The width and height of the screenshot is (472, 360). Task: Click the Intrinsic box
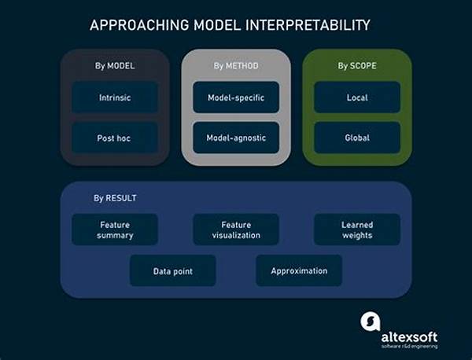[x=115, y=97]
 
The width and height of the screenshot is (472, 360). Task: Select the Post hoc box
[x=115, y=138]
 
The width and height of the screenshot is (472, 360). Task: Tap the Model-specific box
[x=236, y=97]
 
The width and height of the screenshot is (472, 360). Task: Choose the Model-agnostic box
[x=236, y=138]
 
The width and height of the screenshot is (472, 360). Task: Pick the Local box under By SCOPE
[x=357, y=97]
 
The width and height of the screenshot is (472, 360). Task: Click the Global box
[x=357, y=138]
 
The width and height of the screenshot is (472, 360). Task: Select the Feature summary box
[x=115, y=230]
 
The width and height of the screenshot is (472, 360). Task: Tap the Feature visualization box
[x=236, y=230]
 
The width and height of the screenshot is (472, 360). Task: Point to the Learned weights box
[x=357, y=230]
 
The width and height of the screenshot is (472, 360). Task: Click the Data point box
[x=173, y=270]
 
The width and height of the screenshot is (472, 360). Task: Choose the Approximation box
[x=299, y=270]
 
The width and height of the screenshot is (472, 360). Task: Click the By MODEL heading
[x=115, y=65]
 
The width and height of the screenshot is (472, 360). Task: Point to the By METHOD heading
[x=236, y=65]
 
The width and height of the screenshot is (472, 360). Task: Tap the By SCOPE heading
[x=357, y=65]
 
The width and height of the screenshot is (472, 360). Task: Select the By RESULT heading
[x=115, y=198]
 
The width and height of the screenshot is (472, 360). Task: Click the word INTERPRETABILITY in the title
[x=308, y=25]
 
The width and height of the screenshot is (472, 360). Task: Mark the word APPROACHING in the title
[x=140, y=25]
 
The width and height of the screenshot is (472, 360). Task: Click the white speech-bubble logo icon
[x=371, y=321]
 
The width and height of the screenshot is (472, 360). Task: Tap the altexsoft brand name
[x=409, y=337]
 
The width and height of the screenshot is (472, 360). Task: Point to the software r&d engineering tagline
[x=409, y=347]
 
